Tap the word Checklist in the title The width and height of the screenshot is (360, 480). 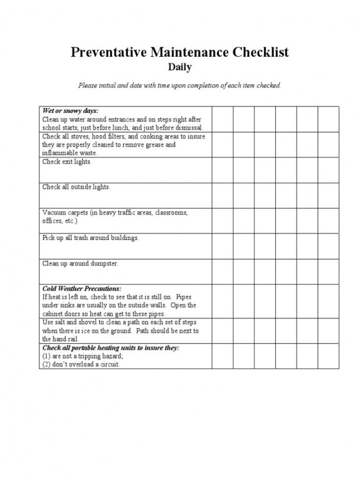click(261, 52)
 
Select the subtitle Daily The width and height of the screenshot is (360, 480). click(179, 67)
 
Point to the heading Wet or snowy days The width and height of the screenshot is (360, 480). click(70, 111)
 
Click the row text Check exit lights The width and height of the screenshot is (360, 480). click(67, 162)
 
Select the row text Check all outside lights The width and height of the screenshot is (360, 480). click(76, 187)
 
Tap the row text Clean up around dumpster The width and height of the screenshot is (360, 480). click(80, 263)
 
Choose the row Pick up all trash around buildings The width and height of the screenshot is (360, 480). click(91, 238)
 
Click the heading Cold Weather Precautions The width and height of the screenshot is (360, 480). click(82, 288)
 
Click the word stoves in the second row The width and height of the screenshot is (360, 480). click(80, 136)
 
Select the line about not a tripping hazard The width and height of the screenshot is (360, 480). click(83, 356)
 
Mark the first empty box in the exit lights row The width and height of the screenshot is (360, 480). click(222, 170)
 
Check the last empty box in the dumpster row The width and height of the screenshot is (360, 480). click(328, 272)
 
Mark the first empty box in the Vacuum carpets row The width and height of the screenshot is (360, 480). click(222, 221)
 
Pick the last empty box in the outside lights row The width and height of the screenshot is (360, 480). click(328, 195)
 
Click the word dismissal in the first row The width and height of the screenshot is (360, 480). click(187, 128)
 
